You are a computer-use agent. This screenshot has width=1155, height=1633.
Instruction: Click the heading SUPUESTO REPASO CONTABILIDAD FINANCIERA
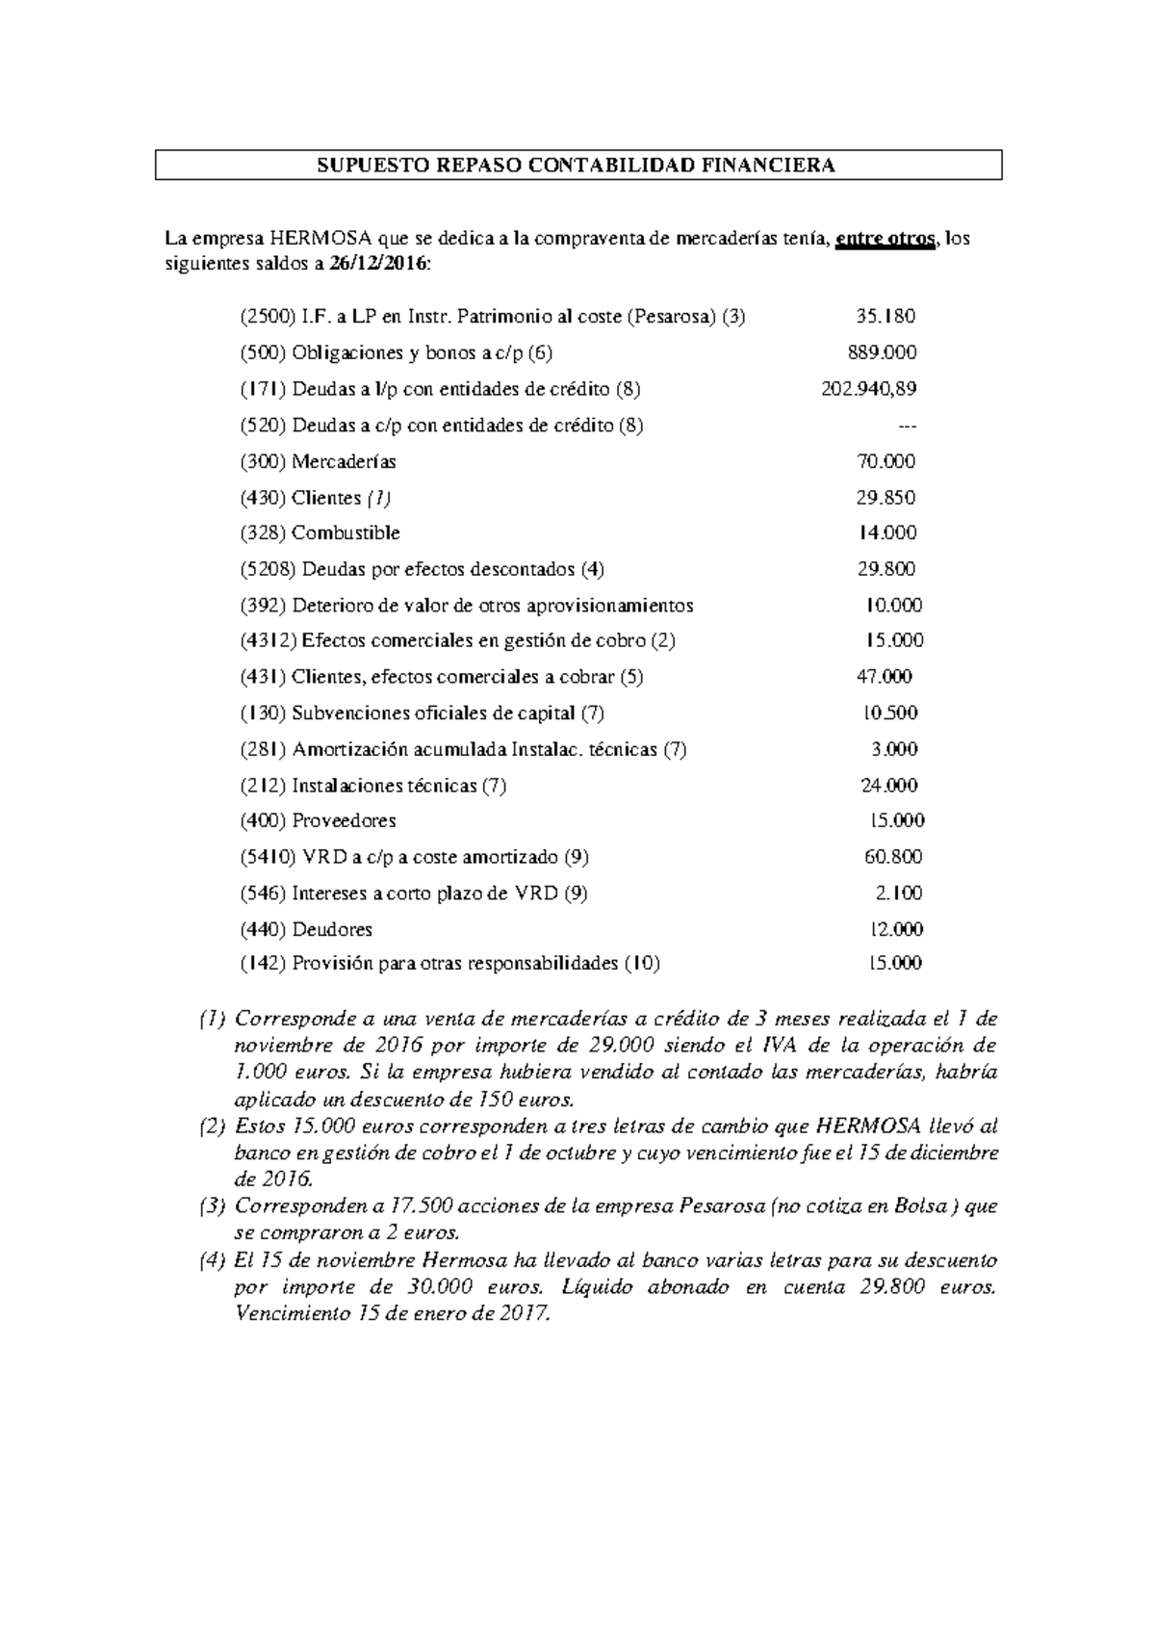(x=577, y=166)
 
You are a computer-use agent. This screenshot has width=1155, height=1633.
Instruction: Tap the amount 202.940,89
(x=868, y=389)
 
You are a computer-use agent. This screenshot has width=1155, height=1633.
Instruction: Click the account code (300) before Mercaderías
(x=263, y=461)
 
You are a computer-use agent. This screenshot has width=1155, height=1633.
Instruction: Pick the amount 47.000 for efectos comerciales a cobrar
(x=884, y=677)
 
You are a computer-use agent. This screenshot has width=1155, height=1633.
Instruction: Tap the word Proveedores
(x=344, y=821)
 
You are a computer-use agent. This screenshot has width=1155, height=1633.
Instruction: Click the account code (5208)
(x=269, y=569)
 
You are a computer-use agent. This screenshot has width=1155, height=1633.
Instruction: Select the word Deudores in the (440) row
(x=332, y=930)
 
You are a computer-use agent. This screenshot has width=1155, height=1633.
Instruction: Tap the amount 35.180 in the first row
(x=885, y=317)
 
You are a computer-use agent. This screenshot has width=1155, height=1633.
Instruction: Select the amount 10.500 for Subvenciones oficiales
(x=889, y=713)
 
